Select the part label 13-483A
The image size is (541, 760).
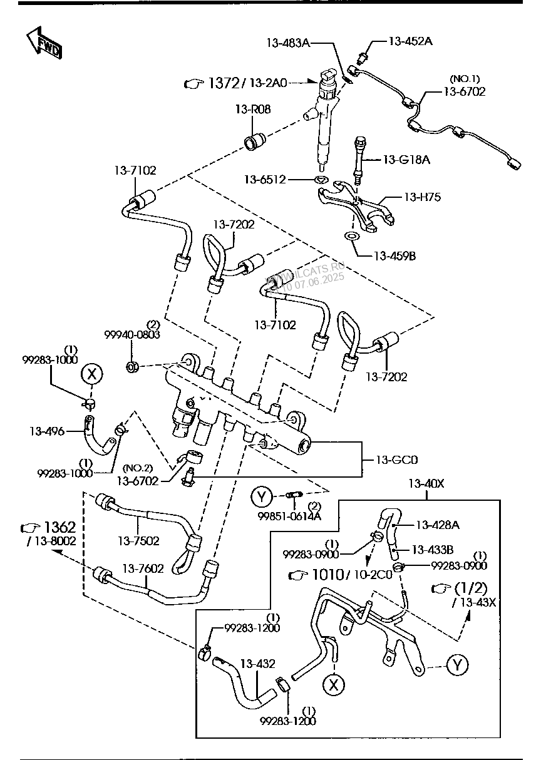click(288, 43)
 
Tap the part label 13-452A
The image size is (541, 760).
click(410, 42)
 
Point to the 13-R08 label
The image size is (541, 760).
click(253, 110)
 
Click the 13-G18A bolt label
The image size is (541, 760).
click(406, 160)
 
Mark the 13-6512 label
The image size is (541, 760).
click(265, 180)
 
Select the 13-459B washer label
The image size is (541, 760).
click(395, 255)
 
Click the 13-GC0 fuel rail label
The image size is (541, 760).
click(396, 460)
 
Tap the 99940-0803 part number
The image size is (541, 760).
click(131, 335)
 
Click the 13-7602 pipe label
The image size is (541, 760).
click(143, 568)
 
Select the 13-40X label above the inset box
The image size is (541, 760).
click(426, 483)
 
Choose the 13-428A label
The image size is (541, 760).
click(437, 525)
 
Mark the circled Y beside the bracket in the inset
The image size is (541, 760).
click(458, 665)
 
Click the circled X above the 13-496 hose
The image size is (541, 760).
click(91, 374)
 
